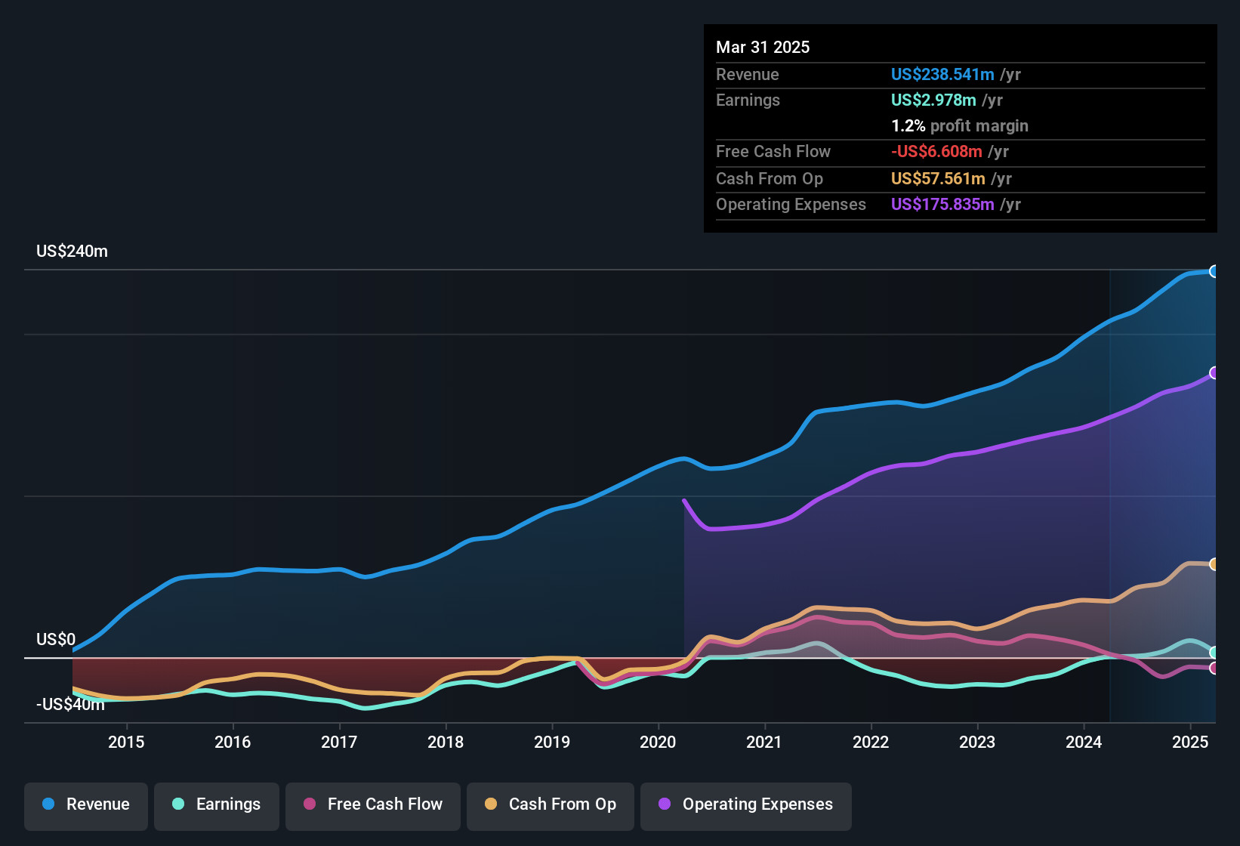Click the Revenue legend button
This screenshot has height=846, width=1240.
coord(86,804)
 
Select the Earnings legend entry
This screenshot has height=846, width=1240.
coord(217,804)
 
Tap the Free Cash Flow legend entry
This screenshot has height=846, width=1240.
coord(373,804)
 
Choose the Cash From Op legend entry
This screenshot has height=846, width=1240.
coord(551,804)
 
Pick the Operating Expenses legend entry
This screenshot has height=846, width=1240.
coord(746,804)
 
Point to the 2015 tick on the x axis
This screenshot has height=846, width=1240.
coord(126,742)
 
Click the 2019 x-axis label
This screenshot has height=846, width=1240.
coord(552,742)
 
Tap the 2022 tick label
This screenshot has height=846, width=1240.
coord(871,742)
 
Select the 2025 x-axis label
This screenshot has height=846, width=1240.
coord(1190,742)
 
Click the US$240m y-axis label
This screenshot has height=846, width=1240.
coord(72,252)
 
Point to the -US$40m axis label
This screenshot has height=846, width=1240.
coord(70,705)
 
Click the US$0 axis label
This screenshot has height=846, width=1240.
coord(56,640)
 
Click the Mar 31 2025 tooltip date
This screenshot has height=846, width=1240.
coord(763,48)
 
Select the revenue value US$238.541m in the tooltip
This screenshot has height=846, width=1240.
coord(942,75)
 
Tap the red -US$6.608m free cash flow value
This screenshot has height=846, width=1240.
coord(936,152)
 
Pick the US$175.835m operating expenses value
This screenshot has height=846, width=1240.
coord(942,205)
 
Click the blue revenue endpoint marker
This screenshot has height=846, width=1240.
coord(1214,271)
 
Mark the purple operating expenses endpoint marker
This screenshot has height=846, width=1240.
coord(1214,372)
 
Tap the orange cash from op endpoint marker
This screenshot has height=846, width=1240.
coord(1214,564)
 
